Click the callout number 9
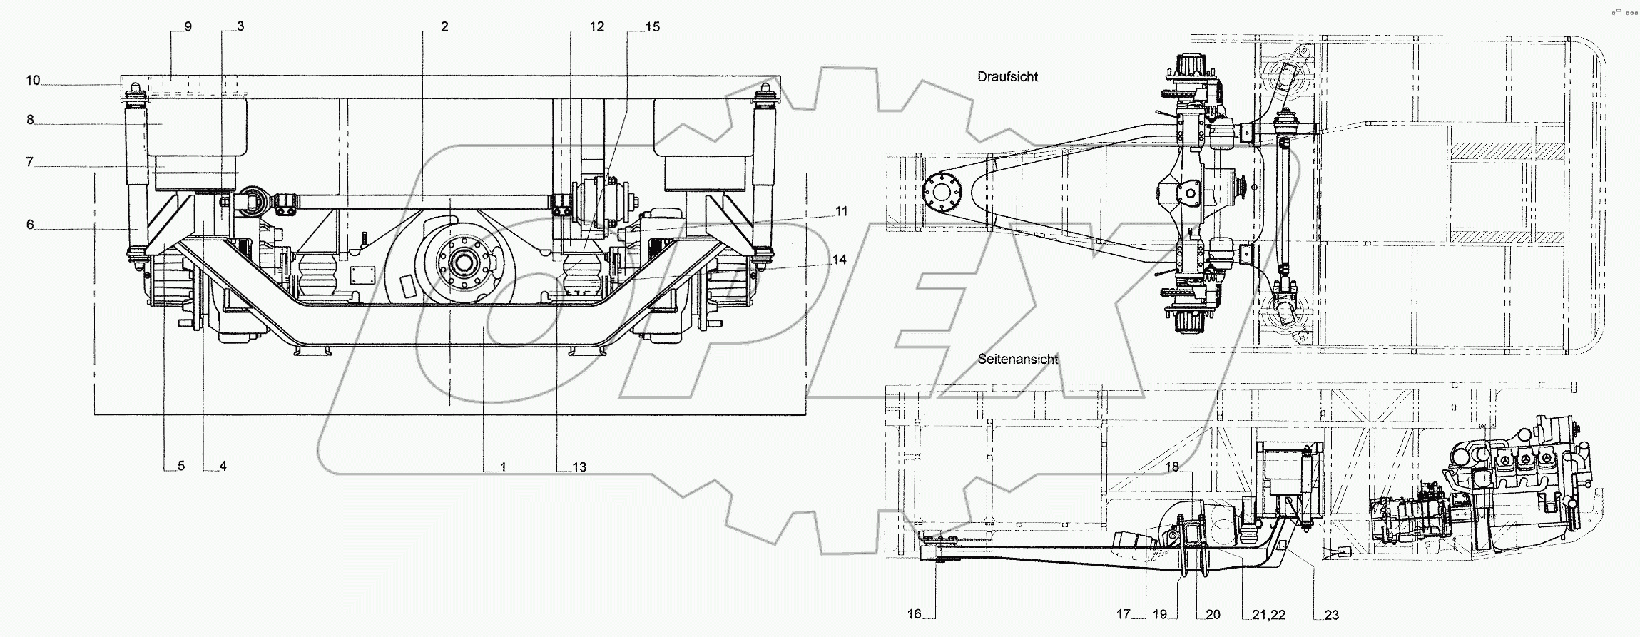click(188, 26)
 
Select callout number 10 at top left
click(33, 81)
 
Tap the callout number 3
click(240, 26)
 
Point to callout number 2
click(444, 26)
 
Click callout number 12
click(596, 26)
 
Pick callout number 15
click(652, 26)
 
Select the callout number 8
click(30, 120)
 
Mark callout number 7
click(30, 163)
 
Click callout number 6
click(30, 225)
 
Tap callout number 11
click(842, 211)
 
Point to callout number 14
click(840, 260)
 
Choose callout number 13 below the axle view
click(579, 467)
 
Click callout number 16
click(915, 614)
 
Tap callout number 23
click(1331, 615)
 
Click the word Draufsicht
click(1007, 77)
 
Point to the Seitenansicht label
click(1017, 360)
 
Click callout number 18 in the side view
click(1173, 467)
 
